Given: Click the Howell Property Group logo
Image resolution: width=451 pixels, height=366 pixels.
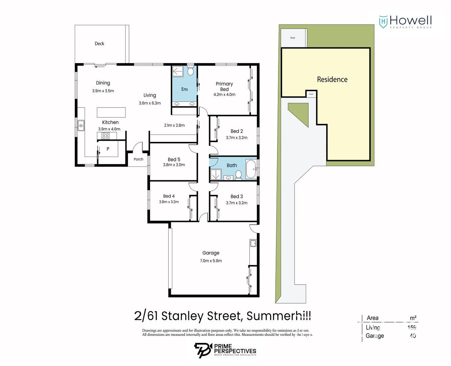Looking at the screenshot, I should click(405, 22).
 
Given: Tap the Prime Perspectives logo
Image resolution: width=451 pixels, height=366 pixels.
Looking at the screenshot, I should click(225, 350).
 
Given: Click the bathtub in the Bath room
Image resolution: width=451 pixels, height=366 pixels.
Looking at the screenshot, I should click(251, 169).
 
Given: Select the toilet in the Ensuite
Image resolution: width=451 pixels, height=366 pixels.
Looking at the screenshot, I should click(190, 71).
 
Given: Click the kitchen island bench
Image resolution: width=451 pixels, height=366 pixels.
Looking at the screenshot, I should click(111, 112).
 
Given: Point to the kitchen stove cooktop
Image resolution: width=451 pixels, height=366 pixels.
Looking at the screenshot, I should click(106, 136).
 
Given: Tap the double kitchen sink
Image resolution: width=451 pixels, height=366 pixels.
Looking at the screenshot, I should click(81, 125).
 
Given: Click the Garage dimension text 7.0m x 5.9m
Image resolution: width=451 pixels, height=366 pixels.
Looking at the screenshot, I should click(211, 261).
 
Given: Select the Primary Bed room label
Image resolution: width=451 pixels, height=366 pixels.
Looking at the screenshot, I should click(224, 86).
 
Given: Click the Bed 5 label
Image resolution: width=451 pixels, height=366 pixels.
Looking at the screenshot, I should click(174, 159).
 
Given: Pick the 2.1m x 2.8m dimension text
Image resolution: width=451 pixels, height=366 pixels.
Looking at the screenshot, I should click(174, 125).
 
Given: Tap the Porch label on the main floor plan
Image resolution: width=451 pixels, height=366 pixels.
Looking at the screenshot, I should click(138, 159).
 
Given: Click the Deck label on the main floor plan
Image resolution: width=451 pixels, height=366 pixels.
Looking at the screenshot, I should click(99, 44).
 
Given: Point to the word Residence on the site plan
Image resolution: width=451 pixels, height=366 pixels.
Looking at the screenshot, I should click(332, 80).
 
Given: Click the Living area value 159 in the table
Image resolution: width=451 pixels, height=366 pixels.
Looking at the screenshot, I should click(412, 327).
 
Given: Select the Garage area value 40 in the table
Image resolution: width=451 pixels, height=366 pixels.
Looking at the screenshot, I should click(413, 336).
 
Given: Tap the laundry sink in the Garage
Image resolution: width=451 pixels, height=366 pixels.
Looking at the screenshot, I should click(253, 243).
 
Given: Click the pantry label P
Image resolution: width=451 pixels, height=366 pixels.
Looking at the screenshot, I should click(108, 149).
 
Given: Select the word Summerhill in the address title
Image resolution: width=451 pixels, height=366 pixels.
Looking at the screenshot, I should click(278, 316).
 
